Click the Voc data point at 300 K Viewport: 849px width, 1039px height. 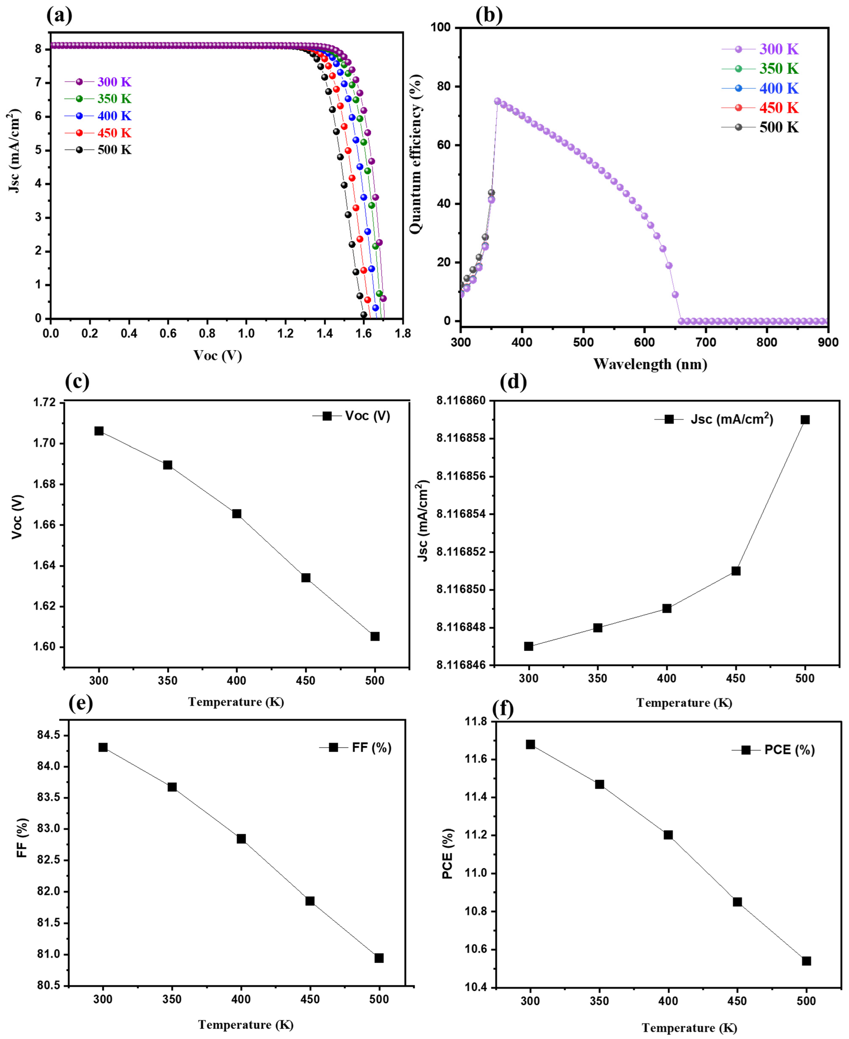99,431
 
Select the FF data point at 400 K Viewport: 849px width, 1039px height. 241,839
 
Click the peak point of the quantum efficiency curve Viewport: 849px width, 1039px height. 497,101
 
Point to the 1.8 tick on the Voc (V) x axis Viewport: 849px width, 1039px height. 402,334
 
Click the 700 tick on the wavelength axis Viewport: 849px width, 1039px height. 706,342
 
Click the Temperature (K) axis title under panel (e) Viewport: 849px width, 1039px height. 246,1024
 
